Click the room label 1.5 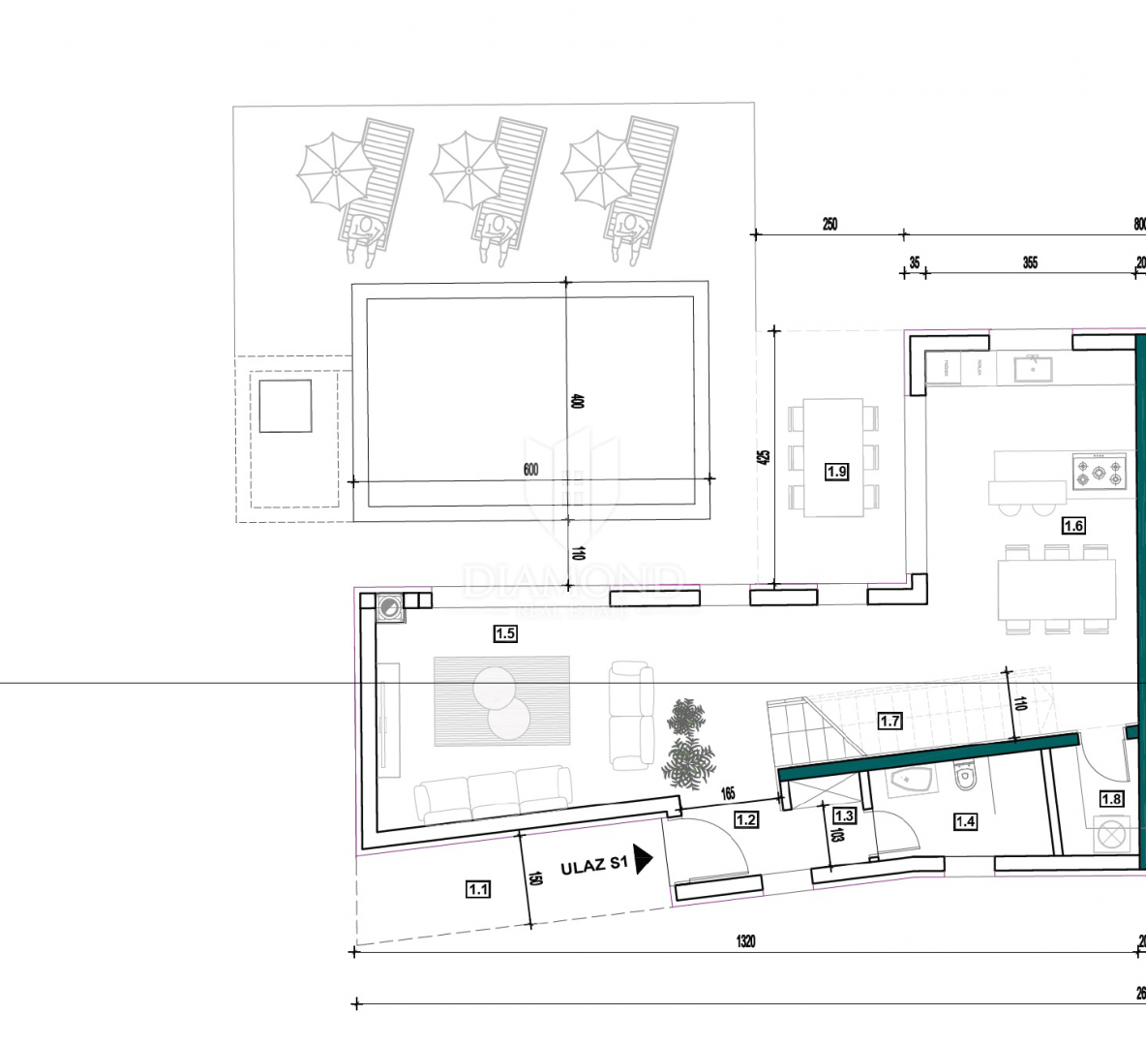pos(505,634)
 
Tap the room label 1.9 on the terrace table pos(836,472)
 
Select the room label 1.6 pos(1073,526)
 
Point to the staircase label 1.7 pos(890,721)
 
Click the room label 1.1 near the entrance pos(478,888)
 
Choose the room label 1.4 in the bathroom pos(965,821)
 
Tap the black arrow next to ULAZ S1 pos(644,859)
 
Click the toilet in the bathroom pos(963,778)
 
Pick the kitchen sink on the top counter pos(1033,367)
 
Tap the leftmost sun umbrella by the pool pos(334,172)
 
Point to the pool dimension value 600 pos(530,471)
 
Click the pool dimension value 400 pos(577,401)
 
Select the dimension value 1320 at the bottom pos(745,941)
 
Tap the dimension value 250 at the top pos(829,225)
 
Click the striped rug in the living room pos(501,701)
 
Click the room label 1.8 pos(1111,799)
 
